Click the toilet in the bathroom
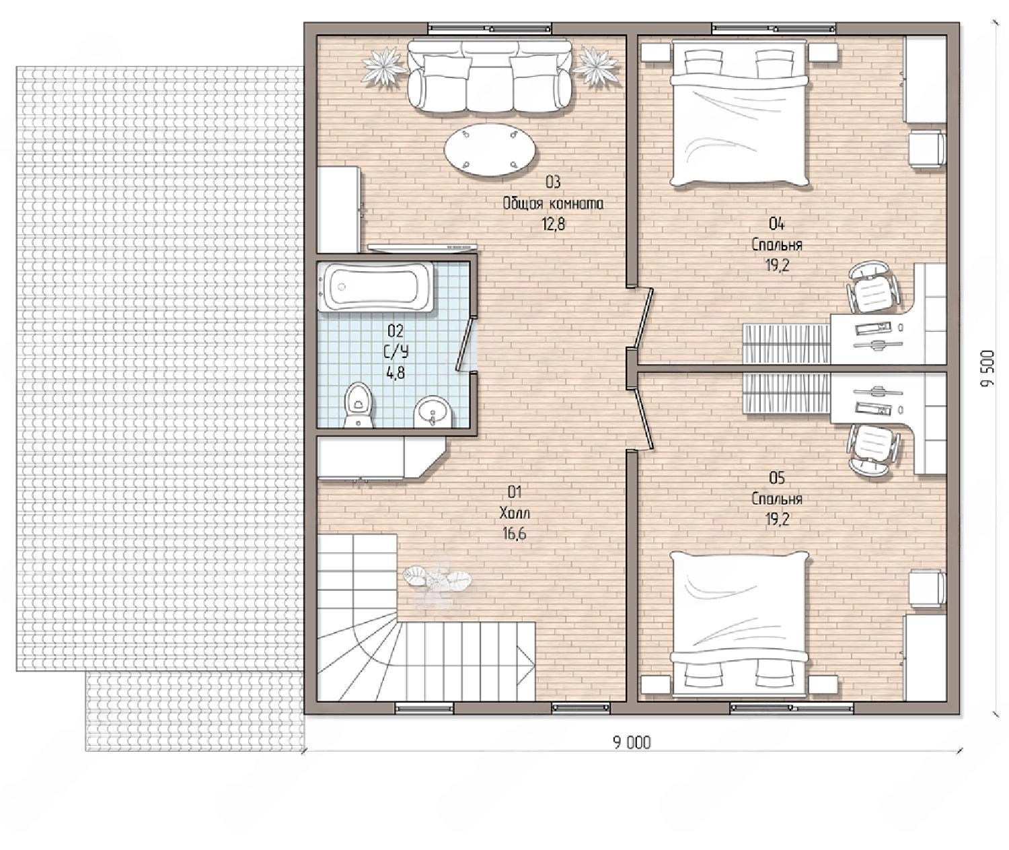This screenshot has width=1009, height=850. click(x=359, y=405)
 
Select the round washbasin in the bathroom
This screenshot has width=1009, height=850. click(x=433, y=412)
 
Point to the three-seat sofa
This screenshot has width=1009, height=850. click(x=490, y=75)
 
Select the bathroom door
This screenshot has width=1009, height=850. click(x=465, y=345)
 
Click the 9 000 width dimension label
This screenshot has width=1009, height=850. click(x=632, y=743)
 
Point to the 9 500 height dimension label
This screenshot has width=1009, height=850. click(x=987, y=368)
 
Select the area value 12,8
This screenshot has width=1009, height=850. click(x=554, y=224)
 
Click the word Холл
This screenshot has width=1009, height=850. click(x=515, y=513)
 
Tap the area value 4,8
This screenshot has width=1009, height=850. click(x=396, y=373)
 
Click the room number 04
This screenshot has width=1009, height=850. click(x=776, y=223)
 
